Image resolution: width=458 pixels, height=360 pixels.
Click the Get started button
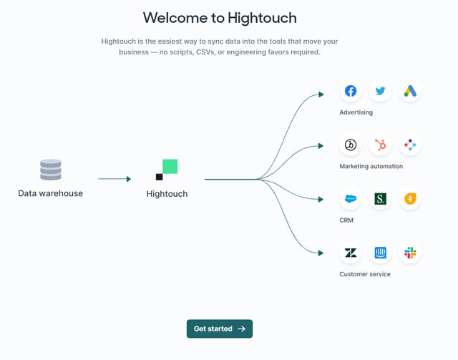click(x=220, y=329)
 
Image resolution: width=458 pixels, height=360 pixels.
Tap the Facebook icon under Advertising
click(x=351, y=91)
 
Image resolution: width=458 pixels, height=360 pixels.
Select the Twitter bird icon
click(x=381, y=91)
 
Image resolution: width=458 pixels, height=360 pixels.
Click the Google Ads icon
click(x=410, y=91)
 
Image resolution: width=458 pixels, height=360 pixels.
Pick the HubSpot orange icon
click(x=381, y=145)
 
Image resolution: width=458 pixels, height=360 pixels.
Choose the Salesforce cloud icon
click(x=351, y=199)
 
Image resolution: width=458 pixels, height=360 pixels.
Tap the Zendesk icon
click(x=351, y=253)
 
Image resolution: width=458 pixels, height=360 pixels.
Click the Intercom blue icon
click(x=381, y=253)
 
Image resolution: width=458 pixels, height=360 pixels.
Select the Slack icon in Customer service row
click(x=410, y=253)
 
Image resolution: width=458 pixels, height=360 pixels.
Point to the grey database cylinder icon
click(x=51, y=170)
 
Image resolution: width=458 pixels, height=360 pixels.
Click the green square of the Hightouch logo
click(x=170, y=166)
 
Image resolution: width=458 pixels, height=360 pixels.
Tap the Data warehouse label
click(x=51, y=193)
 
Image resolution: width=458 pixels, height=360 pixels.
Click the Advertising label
click(x=356, y=112)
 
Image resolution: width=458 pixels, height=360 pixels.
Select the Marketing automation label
click(x=371, y=166)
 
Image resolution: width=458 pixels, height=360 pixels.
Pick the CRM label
click(x=346, y=220)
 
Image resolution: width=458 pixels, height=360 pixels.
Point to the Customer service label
click(x=365, y=274)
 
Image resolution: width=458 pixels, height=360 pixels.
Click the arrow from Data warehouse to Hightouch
click(x=114, y=179)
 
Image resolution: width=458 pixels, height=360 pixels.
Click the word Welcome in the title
click(x=175, y=17)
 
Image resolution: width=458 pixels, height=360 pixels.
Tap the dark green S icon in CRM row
click(x=381, y=199)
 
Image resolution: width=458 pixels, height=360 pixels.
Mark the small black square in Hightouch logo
click(x=159, y=177)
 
